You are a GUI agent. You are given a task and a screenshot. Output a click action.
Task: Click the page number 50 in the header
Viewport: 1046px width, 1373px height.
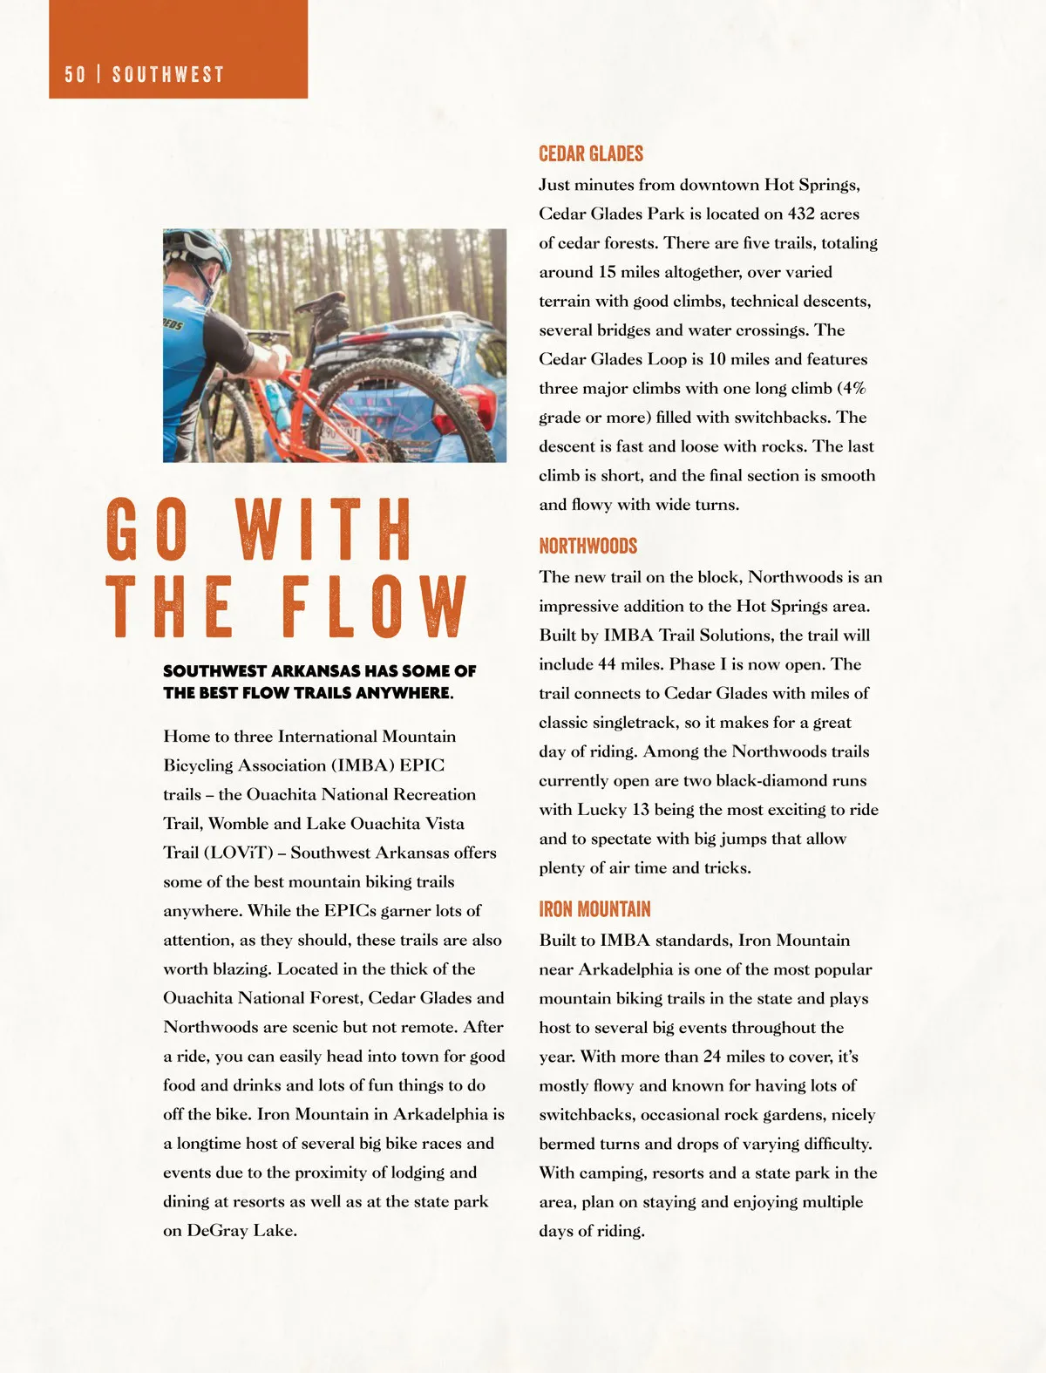[x=75, y=74]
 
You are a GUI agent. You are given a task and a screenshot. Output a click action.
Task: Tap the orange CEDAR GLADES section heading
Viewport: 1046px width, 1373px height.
[x=590, y=153]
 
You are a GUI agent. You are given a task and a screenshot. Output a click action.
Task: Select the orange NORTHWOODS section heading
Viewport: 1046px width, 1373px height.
[x=588, y=546]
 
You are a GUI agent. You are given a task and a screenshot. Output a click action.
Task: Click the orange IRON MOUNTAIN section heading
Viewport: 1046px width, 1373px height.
[x=594, y=909]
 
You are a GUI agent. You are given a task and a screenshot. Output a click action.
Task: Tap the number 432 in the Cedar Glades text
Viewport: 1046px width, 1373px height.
[x=801, y=214]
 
